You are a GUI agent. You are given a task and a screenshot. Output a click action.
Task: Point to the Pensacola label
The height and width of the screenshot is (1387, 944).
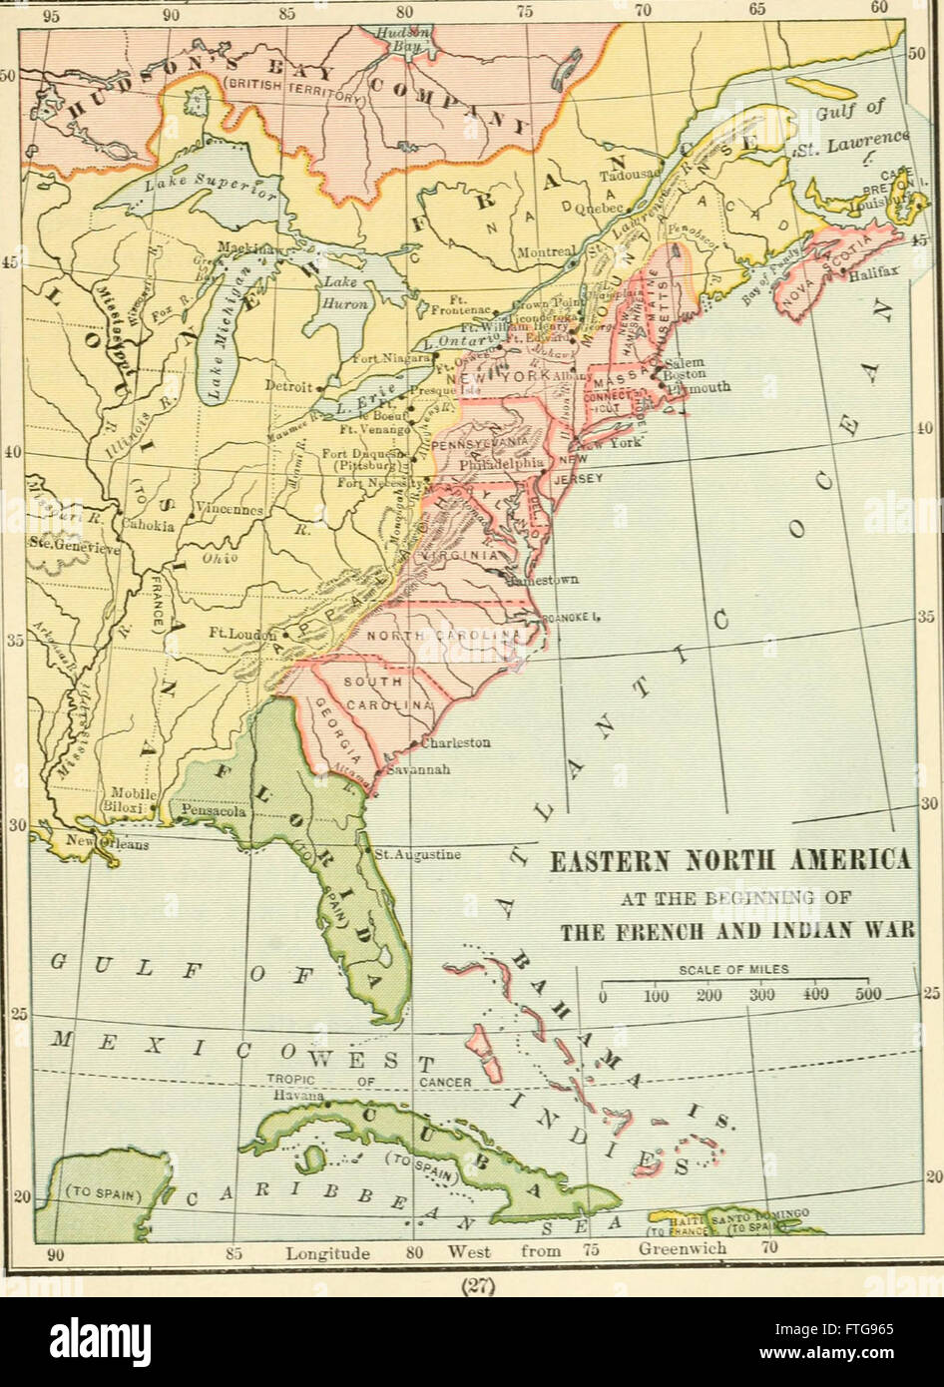[x=214, y=812]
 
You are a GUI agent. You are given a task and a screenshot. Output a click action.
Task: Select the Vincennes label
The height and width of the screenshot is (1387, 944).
[x=230, y=509]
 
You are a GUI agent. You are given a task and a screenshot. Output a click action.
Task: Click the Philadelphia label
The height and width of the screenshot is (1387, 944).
[x=501, y=464]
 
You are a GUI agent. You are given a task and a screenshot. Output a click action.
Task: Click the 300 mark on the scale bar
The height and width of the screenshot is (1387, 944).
[x=762, y=996]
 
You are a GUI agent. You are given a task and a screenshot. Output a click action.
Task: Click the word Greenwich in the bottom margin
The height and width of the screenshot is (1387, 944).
[x=683, y=1251]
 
